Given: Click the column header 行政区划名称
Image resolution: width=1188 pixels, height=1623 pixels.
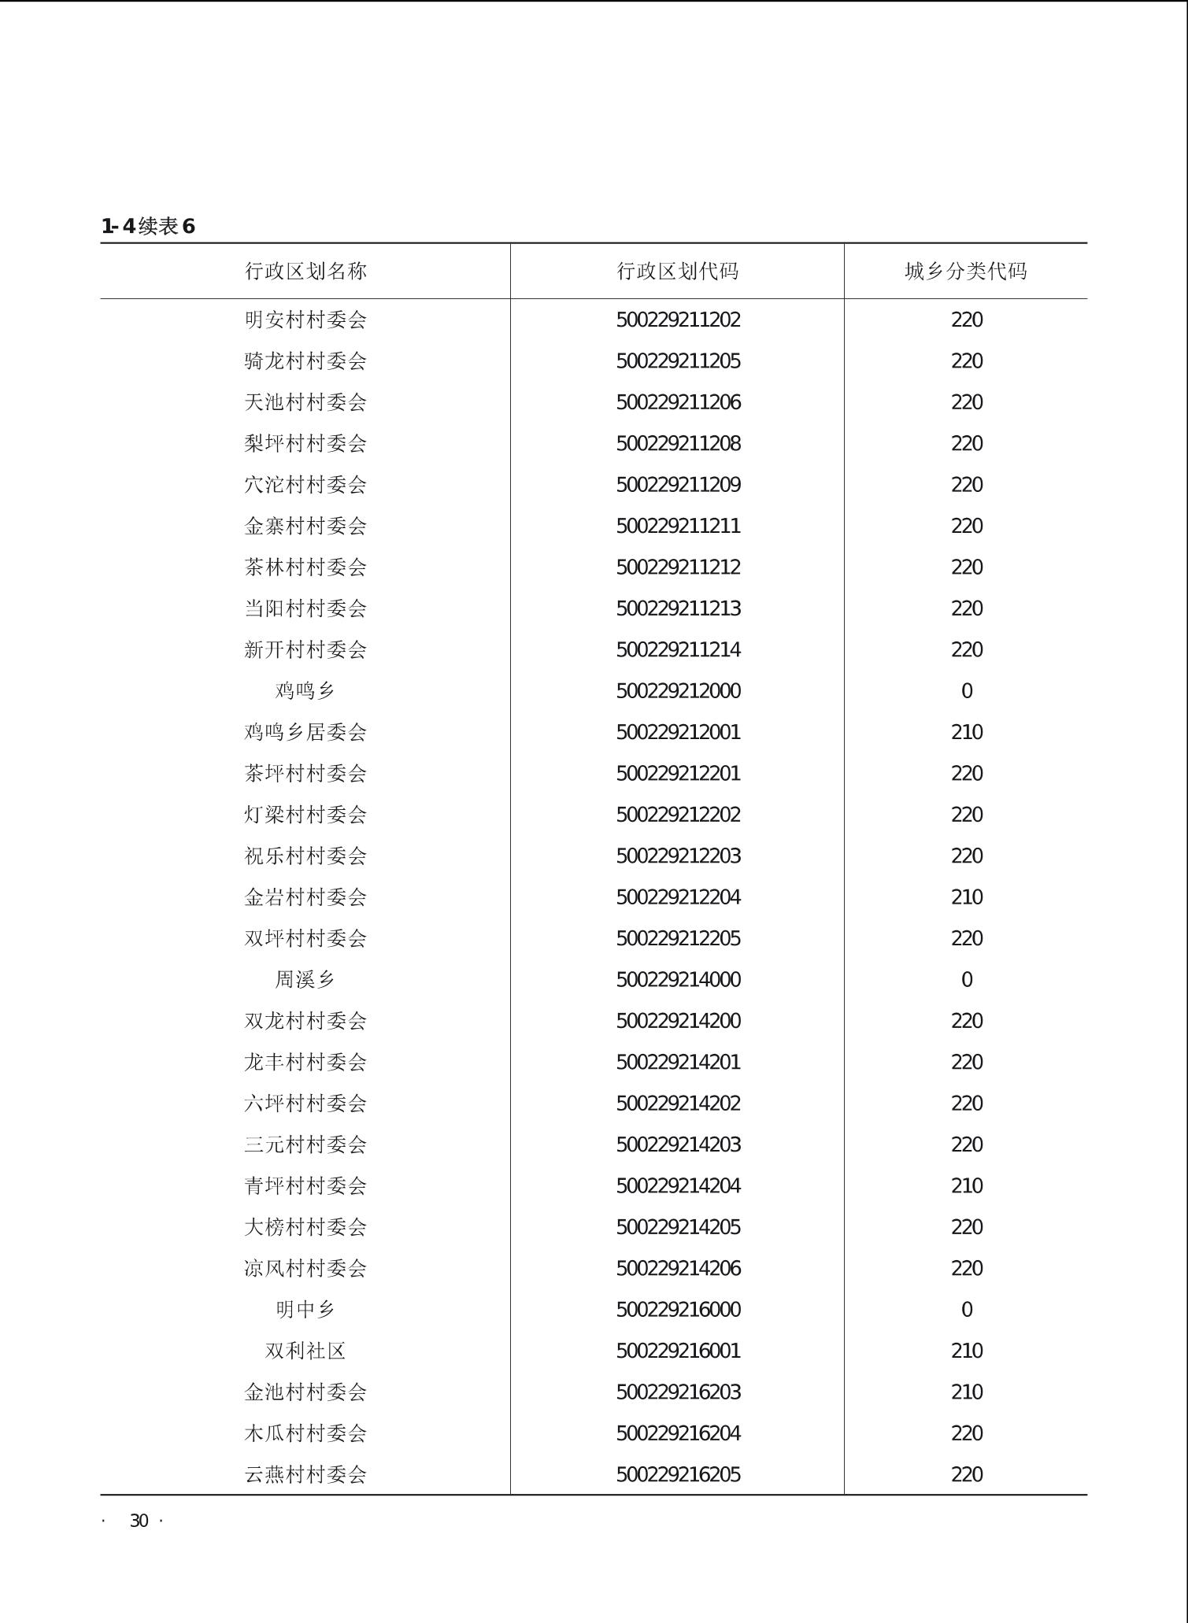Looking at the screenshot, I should click(305, 271).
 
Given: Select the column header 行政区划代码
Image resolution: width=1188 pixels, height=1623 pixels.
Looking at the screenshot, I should click(677, 271).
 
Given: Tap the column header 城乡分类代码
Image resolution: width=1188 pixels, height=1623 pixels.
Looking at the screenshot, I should click(965, 271).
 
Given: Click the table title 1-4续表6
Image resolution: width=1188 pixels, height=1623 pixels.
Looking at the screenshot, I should click(148, 227).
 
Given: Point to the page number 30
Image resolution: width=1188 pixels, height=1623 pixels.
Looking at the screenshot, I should click(139, 1521).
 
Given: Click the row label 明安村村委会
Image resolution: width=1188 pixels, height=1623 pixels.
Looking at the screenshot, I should click(305, 320).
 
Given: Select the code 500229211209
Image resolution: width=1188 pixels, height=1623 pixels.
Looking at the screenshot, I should click(678, 485).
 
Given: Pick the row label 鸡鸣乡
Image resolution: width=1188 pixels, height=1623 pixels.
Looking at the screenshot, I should click(305, 691).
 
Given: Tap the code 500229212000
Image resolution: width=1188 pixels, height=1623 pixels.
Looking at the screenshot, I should click(678, 691).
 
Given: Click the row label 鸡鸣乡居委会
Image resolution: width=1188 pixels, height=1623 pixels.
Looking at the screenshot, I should click(305, 732).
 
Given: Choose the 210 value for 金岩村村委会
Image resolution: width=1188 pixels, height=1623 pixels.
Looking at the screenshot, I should click(966, 897).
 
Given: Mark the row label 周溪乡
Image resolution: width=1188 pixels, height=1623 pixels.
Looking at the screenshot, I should click(305, 980).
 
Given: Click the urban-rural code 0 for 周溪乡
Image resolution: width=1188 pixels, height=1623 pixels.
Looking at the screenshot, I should click(966, 980).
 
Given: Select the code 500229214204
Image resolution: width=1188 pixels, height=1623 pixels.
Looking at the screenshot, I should click(678, 1186).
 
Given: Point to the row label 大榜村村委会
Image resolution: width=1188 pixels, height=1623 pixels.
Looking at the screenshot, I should click(305, 1227).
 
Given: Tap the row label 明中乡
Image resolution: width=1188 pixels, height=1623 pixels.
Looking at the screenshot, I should click(305, 1310).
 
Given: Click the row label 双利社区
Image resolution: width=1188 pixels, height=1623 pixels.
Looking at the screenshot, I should click(305, 1351).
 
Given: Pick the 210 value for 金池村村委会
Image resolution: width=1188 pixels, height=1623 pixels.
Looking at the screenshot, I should click(966, 1392).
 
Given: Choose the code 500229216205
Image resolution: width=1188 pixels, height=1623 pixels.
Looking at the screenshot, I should click(678, 1474).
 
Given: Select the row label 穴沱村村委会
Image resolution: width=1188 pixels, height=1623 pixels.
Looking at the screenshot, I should click(305, 485).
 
